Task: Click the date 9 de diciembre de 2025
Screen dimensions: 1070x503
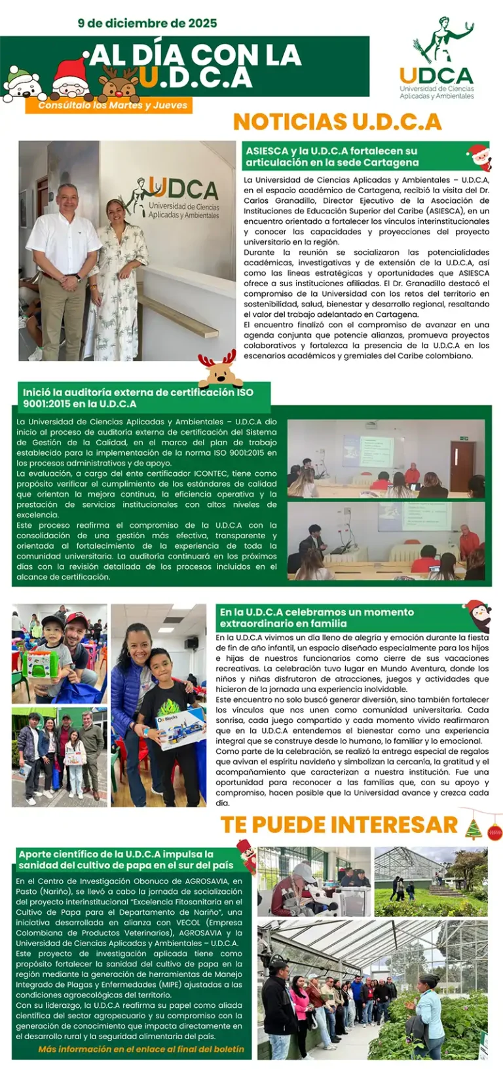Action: (147, 24)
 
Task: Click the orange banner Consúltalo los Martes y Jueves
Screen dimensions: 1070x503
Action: (113, 105)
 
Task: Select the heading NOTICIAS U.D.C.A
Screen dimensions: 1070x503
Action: (337, 122)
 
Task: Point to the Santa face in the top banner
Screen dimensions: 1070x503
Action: (70, 79)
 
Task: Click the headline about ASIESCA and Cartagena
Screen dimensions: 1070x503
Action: (331, 157)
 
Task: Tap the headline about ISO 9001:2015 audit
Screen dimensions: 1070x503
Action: (138, 397)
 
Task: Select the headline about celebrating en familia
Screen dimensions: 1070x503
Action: (317, 618)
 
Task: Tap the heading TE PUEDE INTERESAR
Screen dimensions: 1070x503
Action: (339, 824)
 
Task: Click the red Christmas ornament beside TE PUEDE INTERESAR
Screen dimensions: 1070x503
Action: (494, 832)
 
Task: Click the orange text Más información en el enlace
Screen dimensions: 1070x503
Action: (141, 1049)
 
